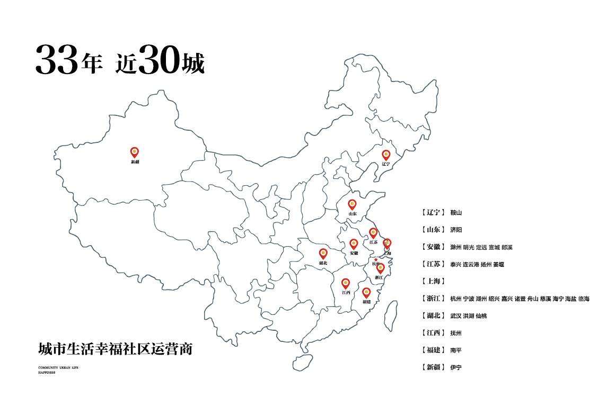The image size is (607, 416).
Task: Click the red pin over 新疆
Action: point(135,152)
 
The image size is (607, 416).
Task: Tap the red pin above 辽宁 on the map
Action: point(386,155)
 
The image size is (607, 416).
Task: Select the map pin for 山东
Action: point(352,204)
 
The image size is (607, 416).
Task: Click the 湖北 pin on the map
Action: point(323,254)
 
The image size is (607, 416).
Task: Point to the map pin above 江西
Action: point(346,284)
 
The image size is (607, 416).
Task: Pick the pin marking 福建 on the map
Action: point(366,293)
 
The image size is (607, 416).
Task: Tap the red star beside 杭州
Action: point(376,259)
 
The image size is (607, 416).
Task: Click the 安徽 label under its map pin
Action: point(354,254)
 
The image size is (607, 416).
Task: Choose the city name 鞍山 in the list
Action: point(456,213)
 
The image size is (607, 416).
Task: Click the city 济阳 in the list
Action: point(456,230)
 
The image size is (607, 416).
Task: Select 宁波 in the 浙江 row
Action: point(469,299)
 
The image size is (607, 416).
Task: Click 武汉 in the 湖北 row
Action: point(456,316)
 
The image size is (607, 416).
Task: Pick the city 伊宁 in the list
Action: point(456,367)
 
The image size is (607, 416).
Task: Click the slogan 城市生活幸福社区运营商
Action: point(115,349)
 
